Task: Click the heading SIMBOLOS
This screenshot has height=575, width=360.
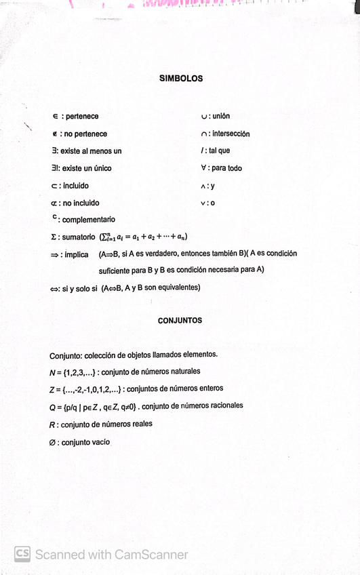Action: pyautogui.click(x=180, y=79)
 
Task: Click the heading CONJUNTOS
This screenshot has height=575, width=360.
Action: pyautogui.click(x=180, y=321)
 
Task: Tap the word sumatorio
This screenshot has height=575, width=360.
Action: pyautogui.click(x=77, y=237)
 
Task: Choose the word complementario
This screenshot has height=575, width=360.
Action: pyautogui.click(x=88, y=220)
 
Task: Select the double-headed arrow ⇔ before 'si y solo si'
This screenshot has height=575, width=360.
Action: pyautogui.click(x=54, y=287)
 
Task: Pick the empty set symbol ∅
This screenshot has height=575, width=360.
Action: pyautogui.click(x=53, y=442)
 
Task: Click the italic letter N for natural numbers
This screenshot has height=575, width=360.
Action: pyautogui.click(x=52, y=372)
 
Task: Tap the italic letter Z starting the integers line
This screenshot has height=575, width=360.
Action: pyautogui.click(x=52, y=389)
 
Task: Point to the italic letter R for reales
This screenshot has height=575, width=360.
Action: pyautogui.click(x=52, y=424)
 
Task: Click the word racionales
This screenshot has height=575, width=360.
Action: pyautogui.click(x=222, y=405)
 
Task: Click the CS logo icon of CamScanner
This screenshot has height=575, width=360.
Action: pyautogui.click(x=22, y=553)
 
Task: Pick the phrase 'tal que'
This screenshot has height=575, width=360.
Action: pyautogui.click(x=218, y=151)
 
